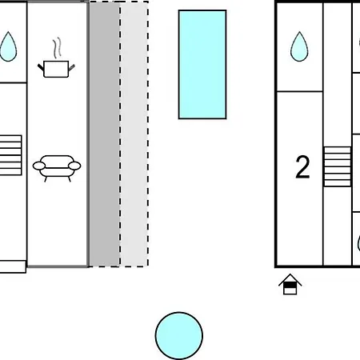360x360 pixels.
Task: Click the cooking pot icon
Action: coord(56,69)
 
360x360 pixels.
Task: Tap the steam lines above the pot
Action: coord(57,48)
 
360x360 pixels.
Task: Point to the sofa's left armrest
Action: coord(39,166)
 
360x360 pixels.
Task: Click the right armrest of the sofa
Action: coord(74,166)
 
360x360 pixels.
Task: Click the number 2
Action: coord(302,167)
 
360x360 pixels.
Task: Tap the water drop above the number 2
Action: coord(299,46)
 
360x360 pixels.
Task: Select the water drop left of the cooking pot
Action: coord(8,46)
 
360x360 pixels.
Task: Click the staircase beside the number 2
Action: coord(337,166)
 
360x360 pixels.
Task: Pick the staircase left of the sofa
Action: coord(10,155)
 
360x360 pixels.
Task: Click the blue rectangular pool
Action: coord(202,65)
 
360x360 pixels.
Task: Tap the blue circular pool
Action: coord(179,336)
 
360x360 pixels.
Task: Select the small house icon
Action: coord(290,284)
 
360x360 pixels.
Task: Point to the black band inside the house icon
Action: coord(290,286)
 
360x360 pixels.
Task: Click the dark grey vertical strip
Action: coord(104,134)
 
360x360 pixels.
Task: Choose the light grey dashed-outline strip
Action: coord(134,134)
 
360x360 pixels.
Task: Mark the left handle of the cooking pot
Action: coord(41,67)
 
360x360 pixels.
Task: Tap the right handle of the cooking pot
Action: coord(71,67)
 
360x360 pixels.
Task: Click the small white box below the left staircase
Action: coord(13,266)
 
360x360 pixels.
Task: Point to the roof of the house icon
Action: coord(290,279)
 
